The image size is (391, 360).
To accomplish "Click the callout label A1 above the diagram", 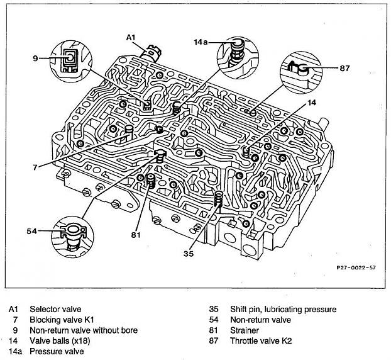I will (131, 38).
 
